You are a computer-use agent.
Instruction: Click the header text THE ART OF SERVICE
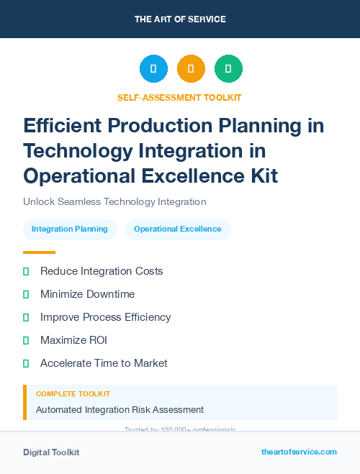(x=180, y=19)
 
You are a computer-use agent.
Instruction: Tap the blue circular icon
(x=153, y=69)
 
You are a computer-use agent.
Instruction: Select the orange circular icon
(x=191, y=69)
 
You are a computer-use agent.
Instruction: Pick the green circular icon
(x=228, y=69)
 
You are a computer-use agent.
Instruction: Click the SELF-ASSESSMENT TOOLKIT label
(x=179, y=97)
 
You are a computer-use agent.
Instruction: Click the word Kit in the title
(x=260, y=175)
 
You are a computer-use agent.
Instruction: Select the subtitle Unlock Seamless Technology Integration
(x=114, y=201)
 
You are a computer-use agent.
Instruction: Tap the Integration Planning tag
(x=70, y=229)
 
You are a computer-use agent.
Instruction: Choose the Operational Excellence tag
(x=178, y=229)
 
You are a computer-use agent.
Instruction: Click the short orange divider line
(x=39, y=252)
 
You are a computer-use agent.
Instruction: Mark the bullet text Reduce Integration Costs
(x=102, y=271)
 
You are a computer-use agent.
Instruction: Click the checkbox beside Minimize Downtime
(x=26, y=294)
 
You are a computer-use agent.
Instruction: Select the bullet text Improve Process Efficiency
(x=105, y=317)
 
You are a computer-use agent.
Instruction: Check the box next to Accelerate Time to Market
(x=26, y=363)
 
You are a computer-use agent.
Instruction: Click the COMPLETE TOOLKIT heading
(x=73, y=394)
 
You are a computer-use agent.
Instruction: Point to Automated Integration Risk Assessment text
(x=120, y=410)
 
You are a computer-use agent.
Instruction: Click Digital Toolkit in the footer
(x=51, y=452)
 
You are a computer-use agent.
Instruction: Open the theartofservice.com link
(x=299, y=452)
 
